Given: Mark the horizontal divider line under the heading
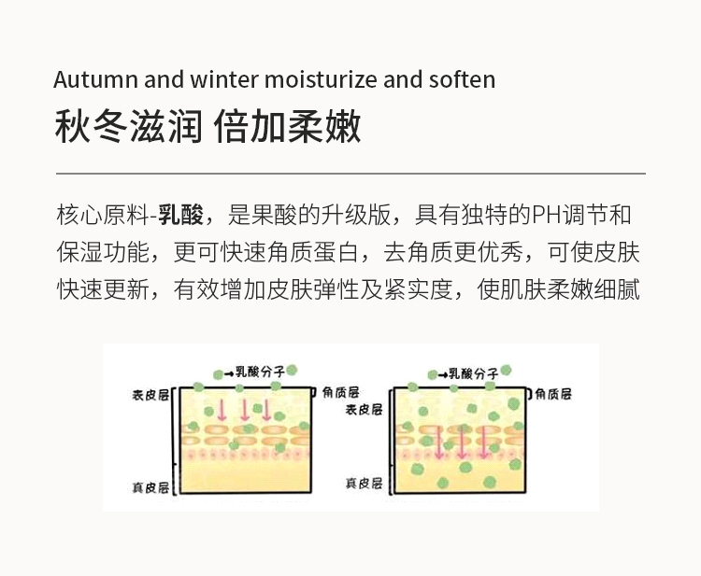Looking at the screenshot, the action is pos(350,174).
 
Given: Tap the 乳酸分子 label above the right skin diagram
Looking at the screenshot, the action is pos(473,373).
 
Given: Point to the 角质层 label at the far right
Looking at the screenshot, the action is pos(563,393).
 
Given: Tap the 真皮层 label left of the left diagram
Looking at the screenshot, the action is pos(150,487).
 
